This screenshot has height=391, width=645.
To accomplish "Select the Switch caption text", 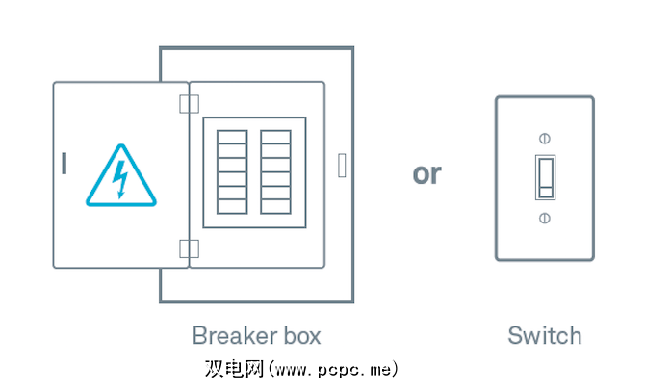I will (x=545, y=336).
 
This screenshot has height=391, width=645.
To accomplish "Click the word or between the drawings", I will (x=426, y=174).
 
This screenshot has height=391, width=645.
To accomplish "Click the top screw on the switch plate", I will (x=545, y=138).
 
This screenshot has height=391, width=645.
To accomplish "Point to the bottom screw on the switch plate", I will (x=545, y=218).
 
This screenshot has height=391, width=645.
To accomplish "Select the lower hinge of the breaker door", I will (x=189, y=248).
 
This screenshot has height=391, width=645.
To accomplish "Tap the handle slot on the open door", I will (x=64, y=165).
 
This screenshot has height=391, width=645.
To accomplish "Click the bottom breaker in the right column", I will (x=275, y=205).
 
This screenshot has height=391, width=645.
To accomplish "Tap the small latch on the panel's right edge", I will (x=342, y=165).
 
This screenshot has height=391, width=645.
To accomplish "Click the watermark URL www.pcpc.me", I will (x=336, y=369).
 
